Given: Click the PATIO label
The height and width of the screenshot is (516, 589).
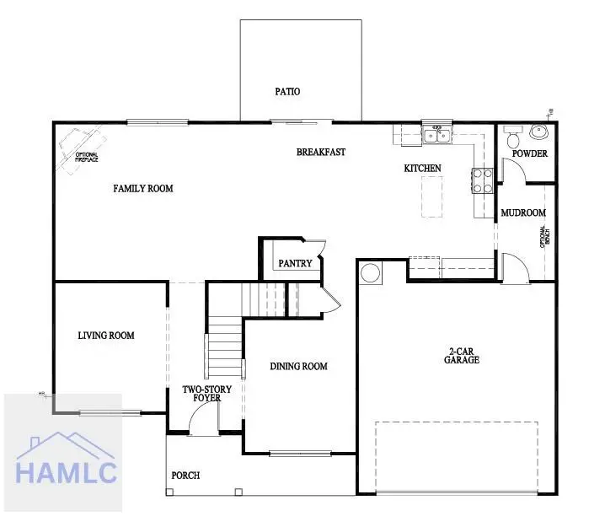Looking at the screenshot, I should [287, 92].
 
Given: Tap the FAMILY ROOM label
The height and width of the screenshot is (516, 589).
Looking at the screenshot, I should [143, 189].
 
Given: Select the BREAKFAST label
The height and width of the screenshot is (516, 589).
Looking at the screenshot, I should [321, 153].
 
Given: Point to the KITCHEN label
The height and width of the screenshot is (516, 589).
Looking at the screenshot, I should [422, 169].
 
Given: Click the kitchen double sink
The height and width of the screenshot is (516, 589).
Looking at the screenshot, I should [436, 134].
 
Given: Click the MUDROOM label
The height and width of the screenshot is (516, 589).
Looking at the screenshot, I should [523, 213].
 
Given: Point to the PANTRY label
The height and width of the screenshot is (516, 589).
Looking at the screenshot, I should [295, 264].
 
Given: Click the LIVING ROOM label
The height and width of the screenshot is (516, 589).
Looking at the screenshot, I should [106, 336].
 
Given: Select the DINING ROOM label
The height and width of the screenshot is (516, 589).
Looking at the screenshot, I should [298, 367].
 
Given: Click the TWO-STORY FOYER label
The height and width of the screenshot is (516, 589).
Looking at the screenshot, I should [207, 394].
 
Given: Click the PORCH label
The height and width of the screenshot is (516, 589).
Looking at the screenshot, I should [185, 476].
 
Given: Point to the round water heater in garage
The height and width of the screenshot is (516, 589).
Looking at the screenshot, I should [370, 272].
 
